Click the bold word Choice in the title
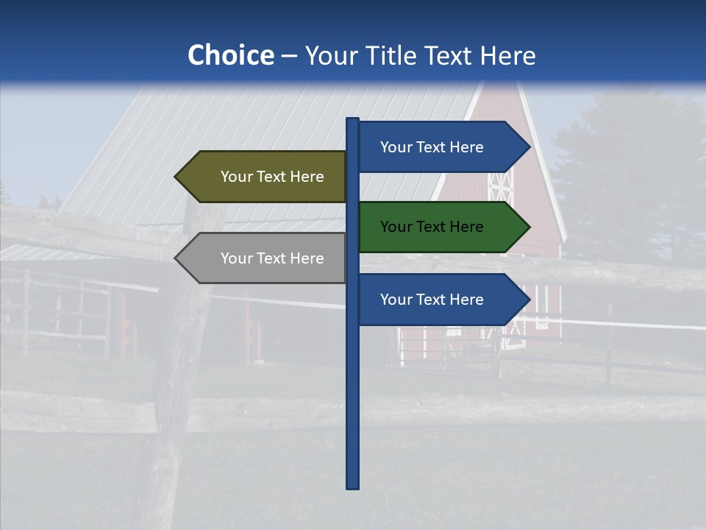[x=230, y=55]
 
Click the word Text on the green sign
[x=432, y=227]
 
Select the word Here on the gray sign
[x=307, y=258]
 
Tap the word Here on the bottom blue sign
[x=466, y=300]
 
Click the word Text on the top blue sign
[x=432, y=147]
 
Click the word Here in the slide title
[x=508, y=56]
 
